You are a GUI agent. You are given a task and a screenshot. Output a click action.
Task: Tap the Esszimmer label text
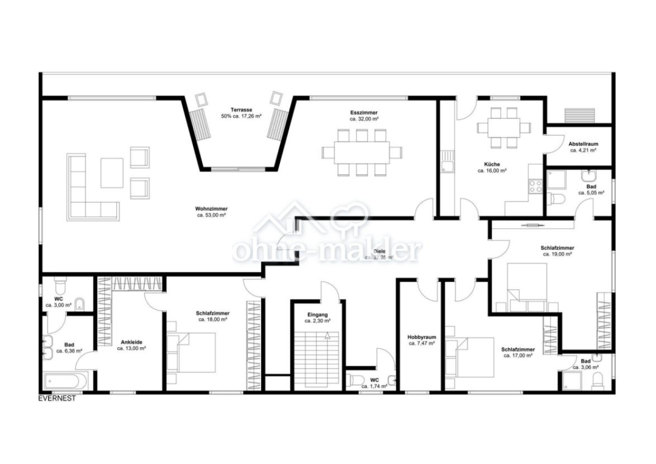(x=364, y=112)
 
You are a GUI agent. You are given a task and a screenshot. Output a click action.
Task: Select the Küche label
(x=492, y=164)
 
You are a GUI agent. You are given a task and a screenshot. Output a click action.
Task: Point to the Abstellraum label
(x=583, y=143)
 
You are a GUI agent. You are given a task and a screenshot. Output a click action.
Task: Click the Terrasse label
(x=241, y=110)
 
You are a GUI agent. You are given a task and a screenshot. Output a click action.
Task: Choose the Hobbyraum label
(x=421, y=337)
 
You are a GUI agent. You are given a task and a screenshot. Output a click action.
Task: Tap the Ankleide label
(x=131, y=342)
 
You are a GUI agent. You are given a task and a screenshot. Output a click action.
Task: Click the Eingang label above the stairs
(x=317, y=315)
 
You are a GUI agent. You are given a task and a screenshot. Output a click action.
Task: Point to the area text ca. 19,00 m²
(x=557, y=254)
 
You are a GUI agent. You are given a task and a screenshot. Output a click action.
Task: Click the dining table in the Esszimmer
(x=362, y=152)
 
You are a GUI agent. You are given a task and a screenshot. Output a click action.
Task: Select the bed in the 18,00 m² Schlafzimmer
(x=192, y=352)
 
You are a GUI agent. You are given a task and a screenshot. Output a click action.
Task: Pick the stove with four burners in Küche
(x=535, y=186)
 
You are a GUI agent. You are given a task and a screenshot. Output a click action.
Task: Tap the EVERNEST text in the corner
(x=56, y=399)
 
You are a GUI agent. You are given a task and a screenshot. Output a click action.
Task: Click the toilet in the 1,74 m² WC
(x=356, y=380)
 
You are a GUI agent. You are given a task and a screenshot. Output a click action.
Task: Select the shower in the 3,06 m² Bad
(x=572, y=381)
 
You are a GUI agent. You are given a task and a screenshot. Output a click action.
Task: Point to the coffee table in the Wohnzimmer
(x=112, y=173)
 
